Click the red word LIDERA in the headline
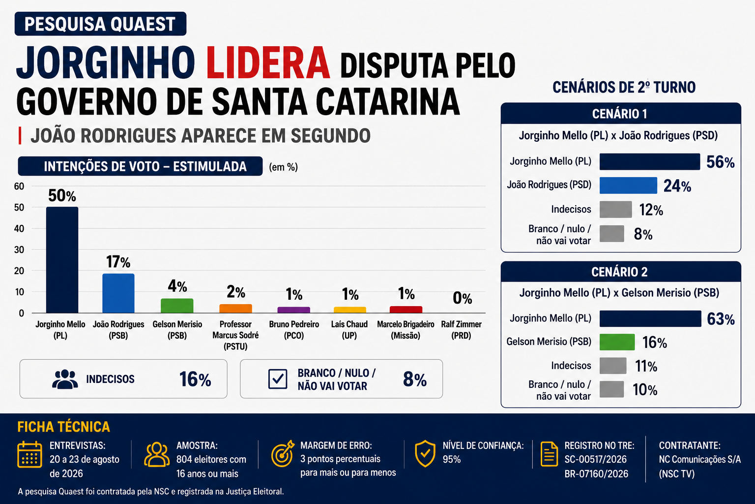[x=268, y=63]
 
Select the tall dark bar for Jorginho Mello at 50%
[x=62, y=260]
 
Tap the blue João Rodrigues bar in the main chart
[x=118, y=293]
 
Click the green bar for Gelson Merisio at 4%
[x=177, y=306]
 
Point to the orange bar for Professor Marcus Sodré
[x=235, y=309]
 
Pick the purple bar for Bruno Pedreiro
[x=293, y=310]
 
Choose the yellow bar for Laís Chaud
[x=350, y=310]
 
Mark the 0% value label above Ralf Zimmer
[x=463, y=298]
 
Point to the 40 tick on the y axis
[x=19, y=228]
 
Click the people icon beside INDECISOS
[x=65, y=379]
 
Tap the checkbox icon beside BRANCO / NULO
[x=278, y=379]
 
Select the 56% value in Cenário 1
[x=720, y=162]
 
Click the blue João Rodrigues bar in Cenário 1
[x=628, y=186]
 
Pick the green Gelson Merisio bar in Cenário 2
[x=617, y=342]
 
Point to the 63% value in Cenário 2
[x=721, y=319]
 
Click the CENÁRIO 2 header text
[x=619, y=272]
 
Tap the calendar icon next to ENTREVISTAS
[x=29, y=454]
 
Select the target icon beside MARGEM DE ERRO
[x=283, y=454]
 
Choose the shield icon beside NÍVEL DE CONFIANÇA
[x=425, y=454]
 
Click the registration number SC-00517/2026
[x=596, y=459]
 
